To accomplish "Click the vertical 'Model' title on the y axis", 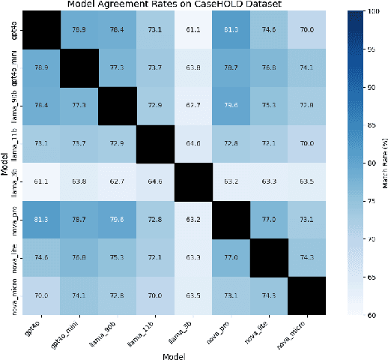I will pyautogui.click(x=5, y=164).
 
